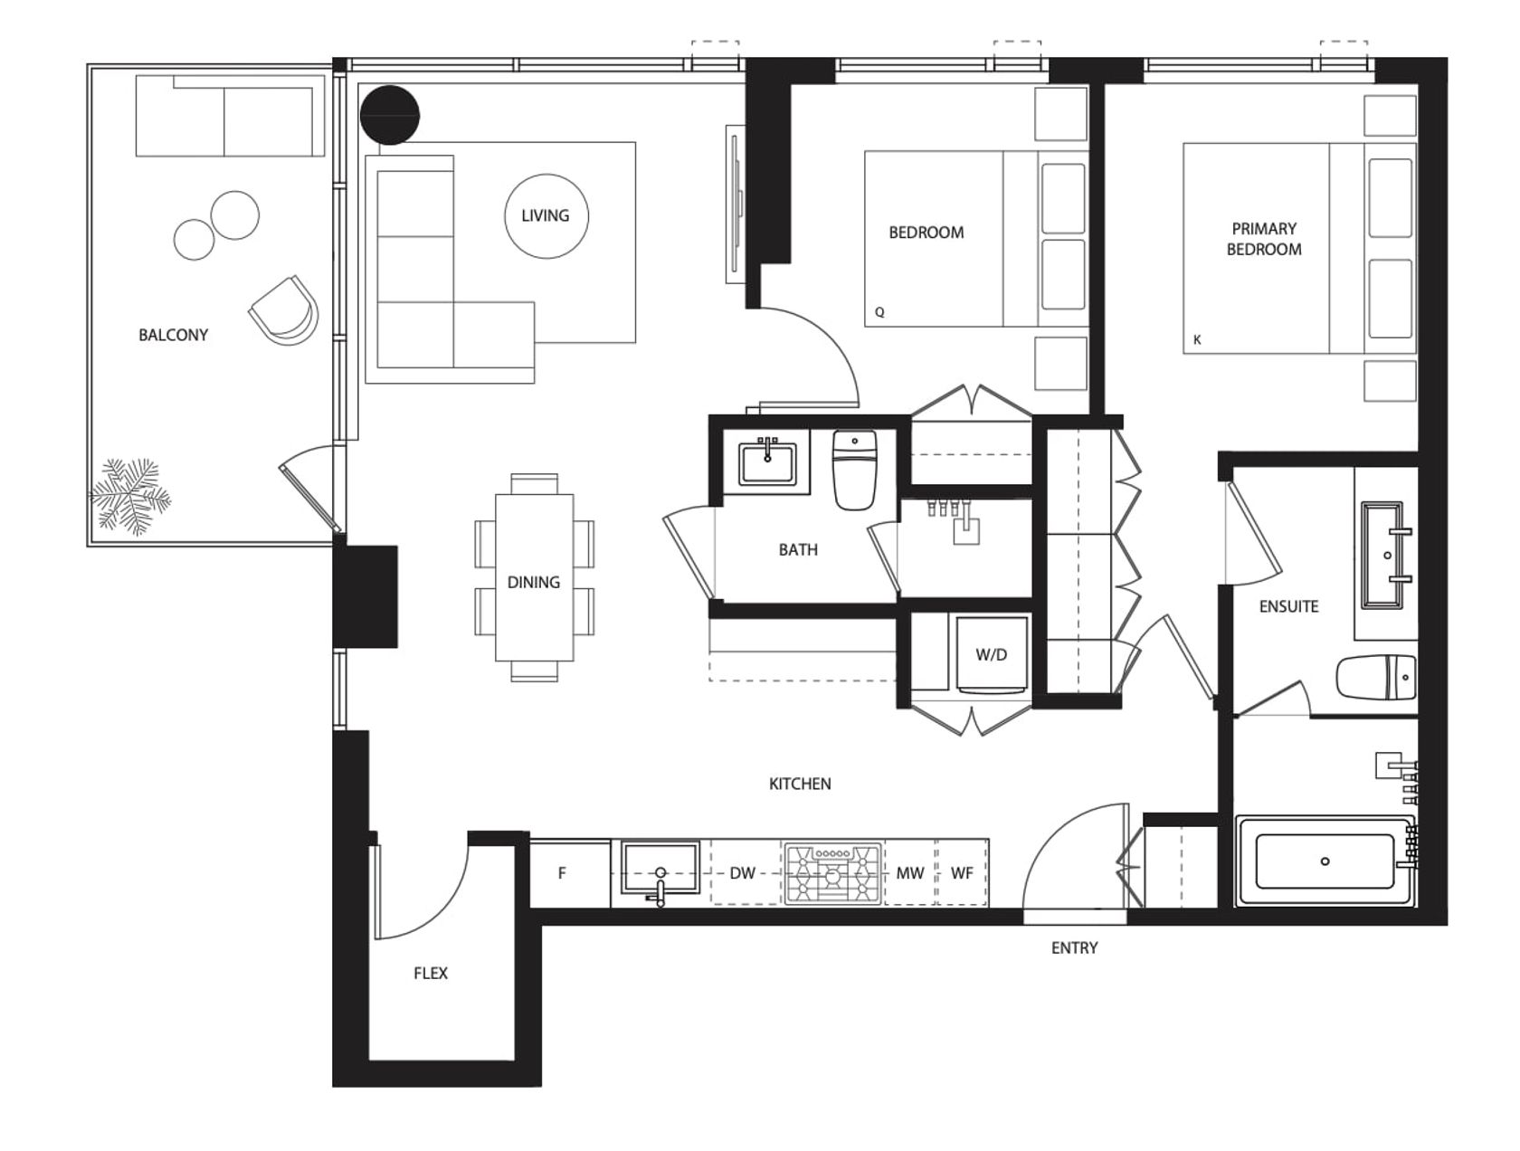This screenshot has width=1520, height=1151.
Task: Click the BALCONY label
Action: coord(173,335)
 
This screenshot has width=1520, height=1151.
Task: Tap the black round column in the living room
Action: coord(390,115)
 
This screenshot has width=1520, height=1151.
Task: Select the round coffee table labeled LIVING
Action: coord(546,216)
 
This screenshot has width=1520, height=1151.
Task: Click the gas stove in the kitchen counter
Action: coord(833,872)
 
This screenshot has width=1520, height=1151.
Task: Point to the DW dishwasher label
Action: coord(742,873)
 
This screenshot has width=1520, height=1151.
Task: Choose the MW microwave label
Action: coord(910,873)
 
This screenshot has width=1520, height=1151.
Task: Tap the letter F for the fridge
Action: coord(562,873)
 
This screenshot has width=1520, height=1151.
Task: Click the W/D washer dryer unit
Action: coord(992,654)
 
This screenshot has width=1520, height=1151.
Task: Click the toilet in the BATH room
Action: coord(854,469)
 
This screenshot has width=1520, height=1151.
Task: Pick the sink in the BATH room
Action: coord(767,461)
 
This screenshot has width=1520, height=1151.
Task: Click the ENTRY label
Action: coord(1074,948)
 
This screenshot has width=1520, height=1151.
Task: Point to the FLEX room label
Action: coord(431,973)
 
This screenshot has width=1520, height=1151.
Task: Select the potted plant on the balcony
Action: coord(131,496)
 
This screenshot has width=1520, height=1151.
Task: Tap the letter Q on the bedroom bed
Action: coord(879,312)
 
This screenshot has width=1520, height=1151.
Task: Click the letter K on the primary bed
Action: coord(1197,340)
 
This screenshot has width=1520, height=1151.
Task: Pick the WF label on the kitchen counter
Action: coord(962,873)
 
